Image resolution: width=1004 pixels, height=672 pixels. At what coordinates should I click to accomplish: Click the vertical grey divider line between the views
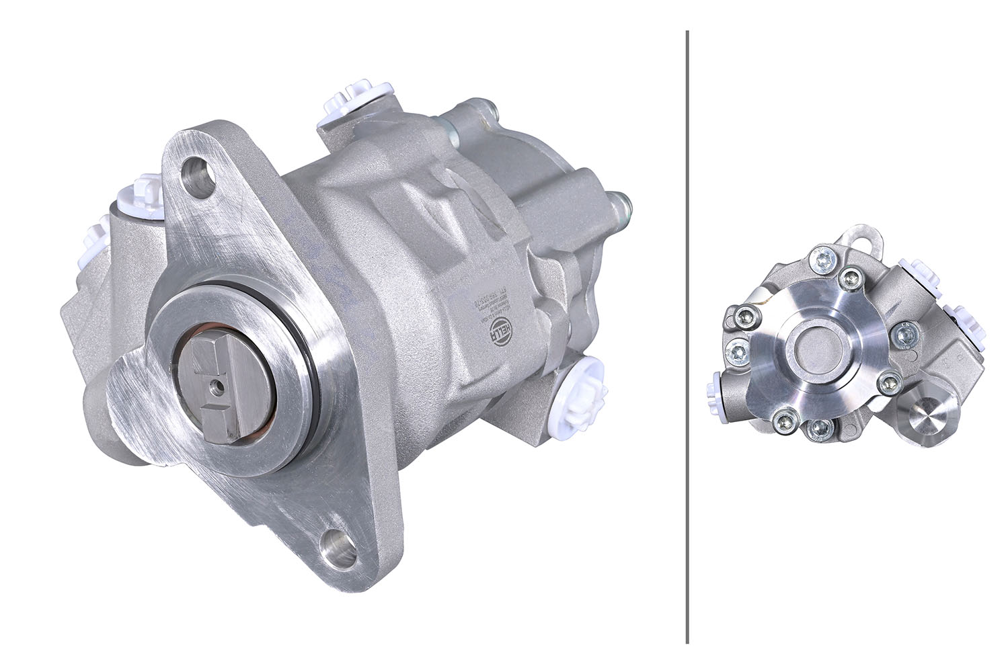687,336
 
